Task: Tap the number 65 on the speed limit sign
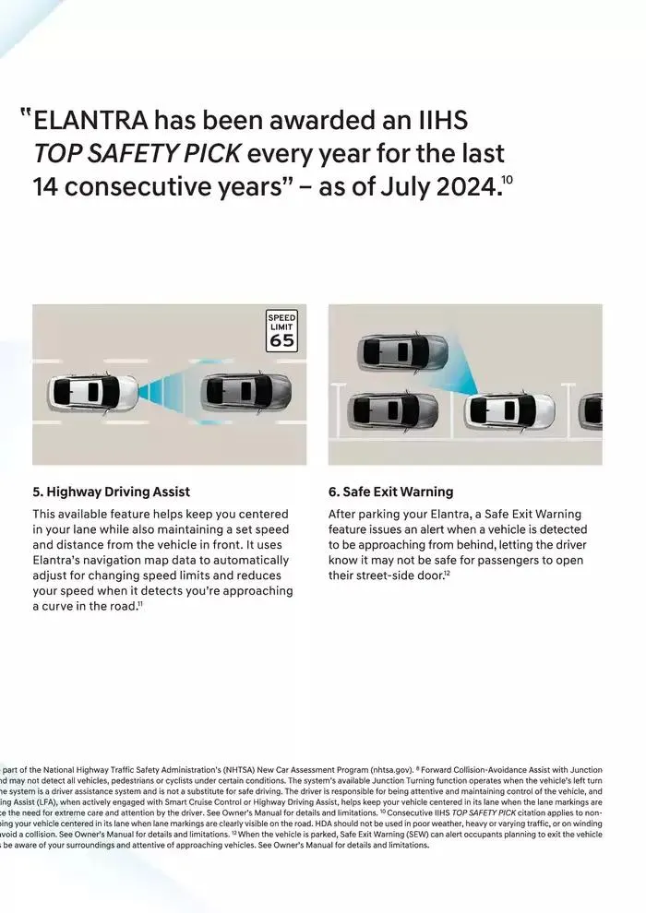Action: pyautogui.click(x=282, y=340)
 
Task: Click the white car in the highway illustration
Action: pyautogui.click(x=92, y=392)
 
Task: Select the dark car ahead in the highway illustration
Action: pyautogui.click(x=242, y=392)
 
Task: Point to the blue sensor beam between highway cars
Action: pyautogui.click(x=167, y=392)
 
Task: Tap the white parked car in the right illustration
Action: pyautogui.click(x=509, y=409)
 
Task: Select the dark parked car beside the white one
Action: pyautogui.click(x=393, y=409)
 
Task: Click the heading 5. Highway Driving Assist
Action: pyautogui.click(x=111, y=492)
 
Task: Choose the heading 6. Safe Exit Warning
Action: pyautogui.click(x=390, y=492)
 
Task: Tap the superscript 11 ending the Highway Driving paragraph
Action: pyautogui.click(x=140, y=603)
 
